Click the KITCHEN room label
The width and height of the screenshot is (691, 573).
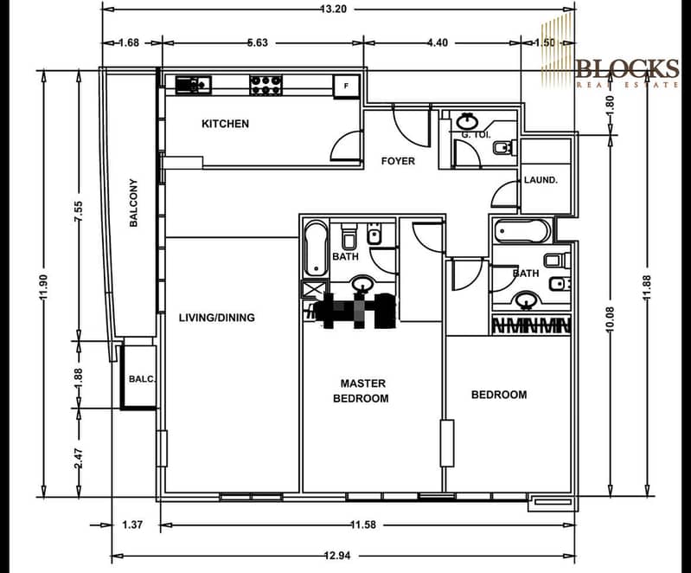[225, 124]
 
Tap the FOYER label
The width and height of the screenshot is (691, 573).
[398, 161]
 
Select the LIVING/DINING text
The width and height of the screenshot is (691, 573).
[216, 318]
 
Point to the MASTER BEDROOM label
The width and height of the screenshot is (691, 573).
[363, 390]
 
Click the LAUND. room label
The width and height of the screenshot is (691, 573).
[540, 180]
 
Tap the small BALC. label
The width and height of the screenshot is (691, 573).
[138, 378]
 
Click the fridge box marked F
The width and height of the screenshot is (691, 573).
[347, 86]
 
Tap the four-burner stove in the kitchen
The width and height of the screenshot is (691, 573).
[266, 84]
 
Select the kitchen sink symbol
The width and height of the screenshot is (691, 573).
[193, 84]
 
